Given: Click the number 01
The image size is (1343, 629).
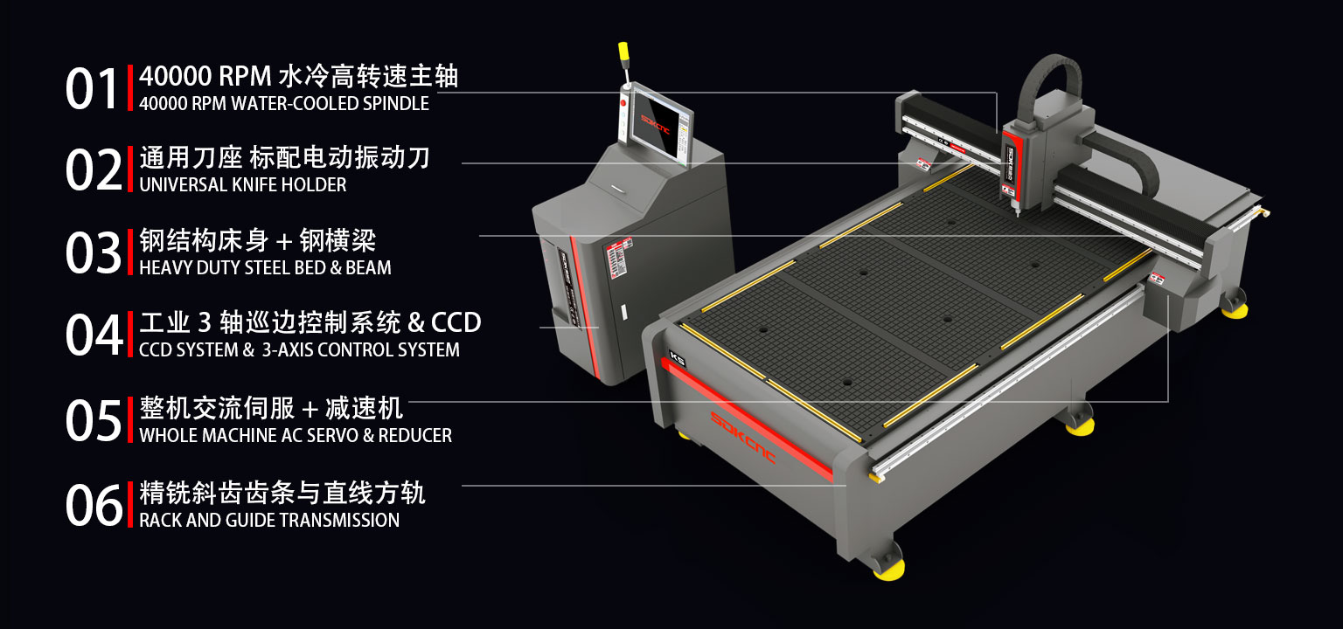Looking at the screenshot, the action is tap(91, 88).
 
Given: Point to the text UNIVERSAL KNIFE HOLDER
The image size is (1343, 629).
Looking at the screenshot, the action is tap(243, 184).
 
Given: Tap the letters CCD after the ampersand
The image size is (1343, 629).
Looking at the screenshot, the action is tap(456, 323).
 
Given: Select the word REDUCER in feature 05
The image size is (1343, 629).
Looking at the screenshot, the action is tap(415, 436).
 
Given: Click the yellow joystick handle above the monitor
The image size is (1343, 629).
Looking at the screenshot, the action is tap(623, 52).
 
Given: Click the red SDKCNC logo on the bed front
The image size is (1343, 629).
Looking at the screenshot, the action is tap(742, 438).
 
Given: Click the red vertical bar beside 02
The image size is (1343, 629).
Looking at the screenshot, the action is tap(130, 169).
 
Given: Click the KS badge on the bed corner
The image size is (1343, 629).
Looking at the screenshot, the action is tap(677, 359).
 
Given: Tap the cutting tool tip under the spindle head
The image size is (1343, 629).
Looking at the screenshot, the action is tap(1018, 213).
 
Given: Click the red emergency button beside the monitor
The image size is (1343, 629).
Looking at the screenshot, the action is tap(623, 103).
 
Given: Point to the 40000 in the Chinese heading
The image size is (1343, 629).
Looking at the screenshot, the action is tap(176, 77).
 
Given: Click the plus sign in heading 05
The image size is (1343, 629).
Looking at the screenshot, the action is tap(310, 409).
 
